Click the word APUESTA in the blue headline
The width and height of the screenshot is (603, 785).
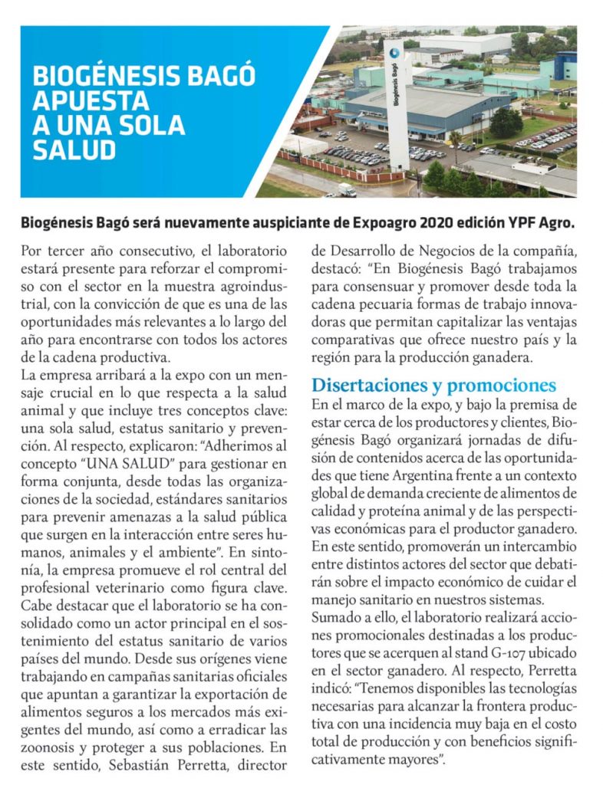[91, 100]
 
